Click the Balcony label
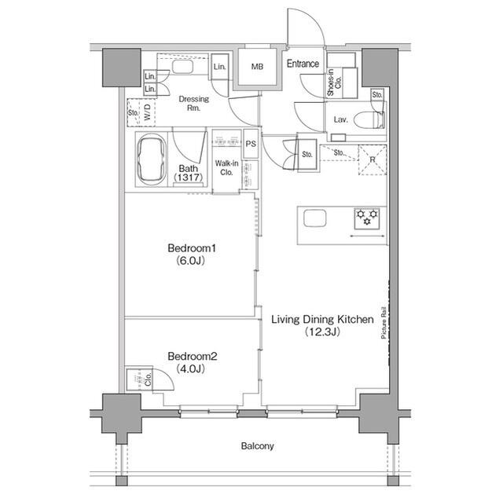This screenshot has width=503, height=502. (257, 446)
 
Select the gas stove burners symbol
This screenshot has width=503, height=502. (367, 215)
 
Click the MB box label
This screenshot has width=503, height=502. (257, 67)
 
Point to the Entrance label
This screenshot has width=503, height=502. (303, 64)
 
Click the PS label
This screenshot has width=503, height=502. (251, 144)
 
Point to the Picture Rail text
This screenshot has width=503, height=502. (384, 321)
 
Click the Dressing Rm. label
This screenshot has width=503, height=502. (193, 104)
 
